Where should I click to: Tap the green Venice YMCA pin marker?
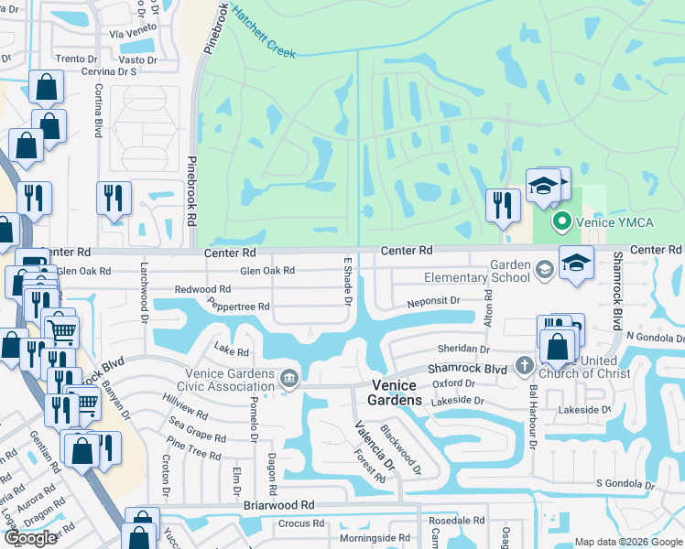pyautogui.click(x=561, y=221)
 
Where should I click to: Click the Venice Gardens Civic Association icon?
pyautogui.click(x=289, y=379)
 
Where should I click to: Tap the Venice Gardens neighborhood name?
pyautogui.click(x=395, y=393)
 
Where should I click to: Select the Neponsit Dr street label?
pyautogui.click(x=432, y=301)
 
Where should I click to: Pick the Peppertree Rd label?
pyautogui.click(x=238, y=305)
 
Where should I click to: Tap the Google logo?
pyautogui.click(x=30, y=538)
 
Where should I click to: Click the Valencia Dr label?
pyautogui.click(x=376, y=452)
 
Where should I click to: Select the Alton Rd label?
pyautogui.click(x=488, y=308)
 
